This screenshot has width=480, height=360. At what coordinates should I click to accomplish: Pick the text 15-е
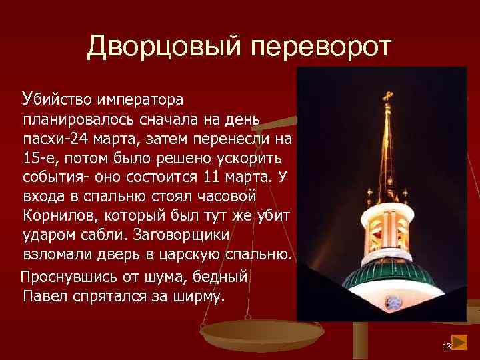pyautogui.click(x=39, y=159)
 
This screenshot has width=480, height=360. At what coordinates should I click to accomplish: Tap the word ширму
pyautogui.click(x=198, y=295)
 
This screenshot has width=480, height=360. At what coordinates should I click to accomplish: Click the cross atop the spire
pyautogui.click(x=386, y=97)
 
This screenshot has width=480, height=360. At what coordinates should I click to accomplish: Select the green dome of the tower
pyautogui.click(x=393, y=280)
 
